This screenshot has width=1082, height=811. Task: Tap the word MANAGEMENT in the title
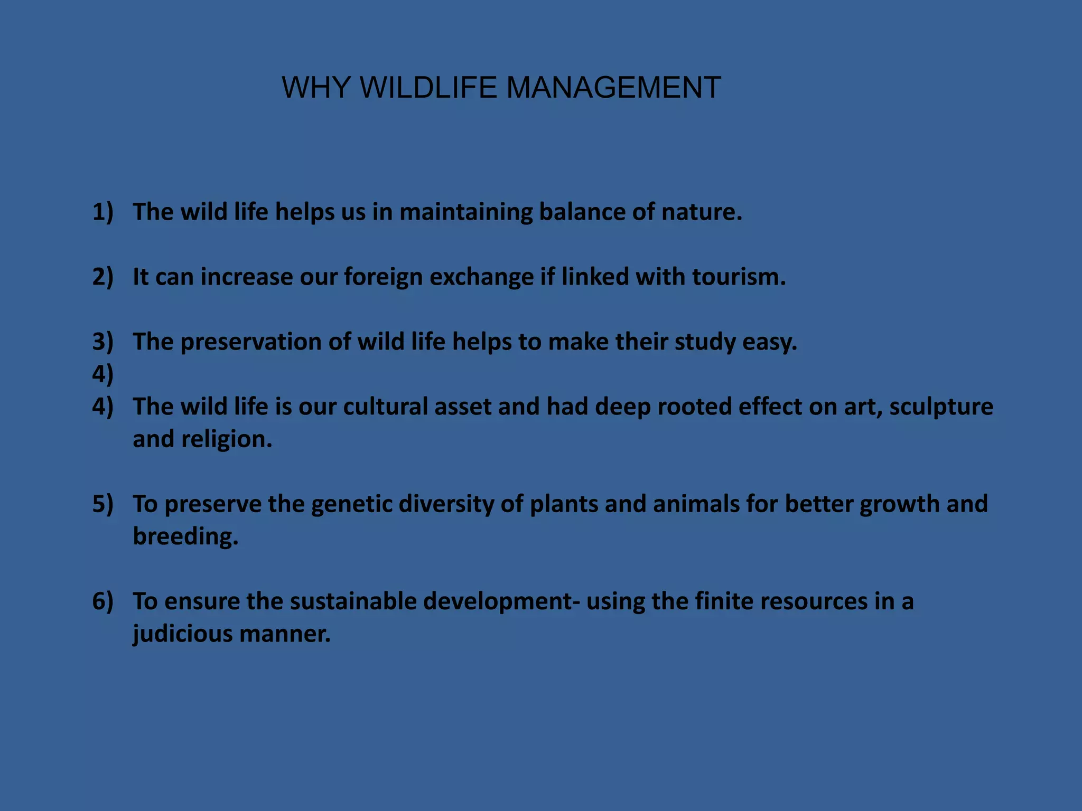613,87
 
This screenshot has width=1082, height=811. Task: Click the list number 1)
103,212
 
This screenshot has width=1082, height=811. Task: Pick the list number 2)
103,277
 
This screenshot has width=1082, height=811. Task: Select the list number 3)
103,342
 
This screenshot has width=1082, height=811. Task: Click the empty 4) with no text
103,374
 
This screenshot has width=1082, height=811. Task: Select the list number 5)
103,504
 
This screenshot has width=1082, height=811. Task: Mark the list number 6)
103,601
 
